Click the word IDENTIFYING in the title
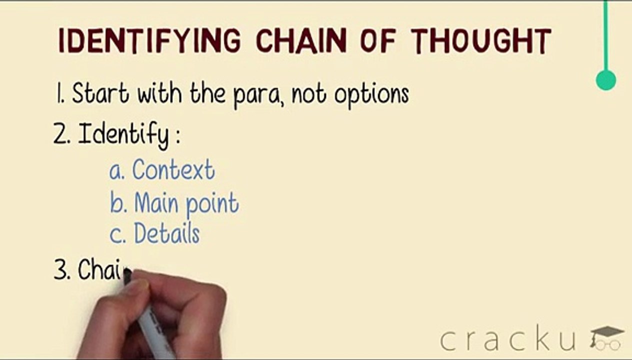coord(149,40)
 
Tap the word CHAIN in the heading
coord(301,40)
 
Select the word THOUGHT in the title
coord(481,40)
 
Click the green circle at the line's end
coord(606,80)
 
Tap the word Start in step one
coord(100,93)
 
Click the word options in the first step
coord(371,95)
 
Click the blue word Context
coord(173,170)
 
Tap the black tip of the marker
coord(127,274)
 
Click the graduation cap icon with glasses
coord(606,337)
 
